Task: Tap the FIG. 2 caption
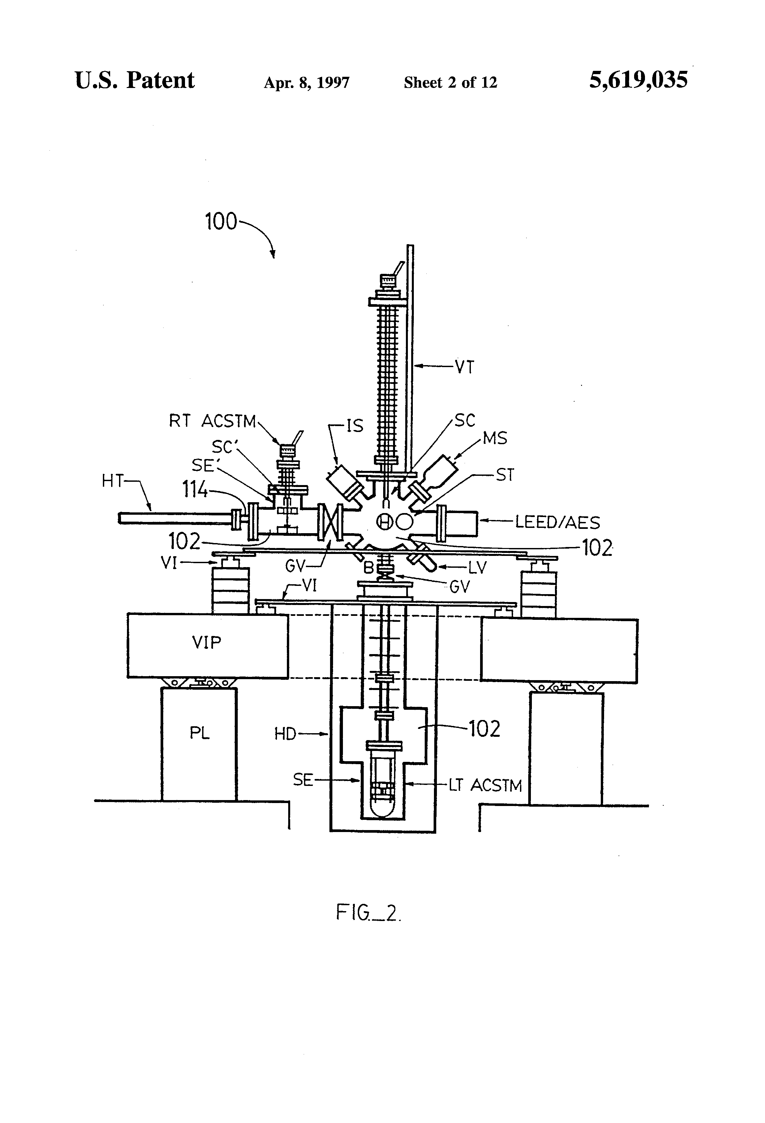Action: point(368,913)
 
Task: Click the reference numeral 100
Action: point(221,222)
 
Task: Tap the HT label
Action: point(113,481)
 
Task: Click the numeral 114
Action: point(195,490)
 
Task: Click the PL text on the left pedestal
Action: point(199,733)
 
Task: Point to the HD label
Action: point(285,734)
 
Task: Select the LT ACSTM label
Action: point(485,786)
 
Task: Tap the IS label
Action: point(354,426)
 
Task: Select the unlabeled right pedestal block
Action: point(566,749)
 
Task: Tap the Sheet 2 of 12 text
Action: point(450,83)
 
